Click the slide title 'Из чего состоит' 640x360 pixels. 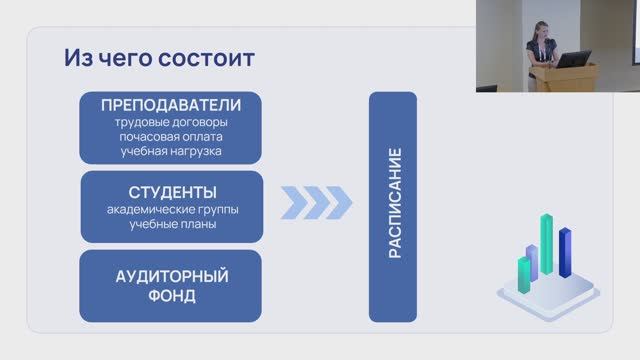159,58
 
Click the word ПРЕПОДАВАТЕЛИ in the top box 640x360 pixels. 170,107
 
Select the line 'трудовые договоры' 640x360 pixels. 170,123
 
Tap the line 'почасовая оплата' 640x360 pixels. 170,137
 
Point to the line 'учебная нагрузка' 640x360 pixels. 170,151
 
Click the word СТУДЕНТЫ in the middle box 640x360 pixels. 170,191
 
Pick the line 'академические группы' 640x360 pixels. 170,209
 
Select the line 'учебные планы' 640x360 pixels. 170,224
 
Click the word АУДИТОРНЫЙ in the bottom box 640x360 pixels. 170,276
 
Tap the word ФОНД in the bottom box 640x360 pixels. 170,296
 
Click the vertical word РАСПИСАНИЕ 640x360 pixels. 394,205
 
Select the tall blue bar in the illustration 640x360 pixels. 565,254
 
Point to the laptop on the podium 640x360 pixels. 573,60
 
